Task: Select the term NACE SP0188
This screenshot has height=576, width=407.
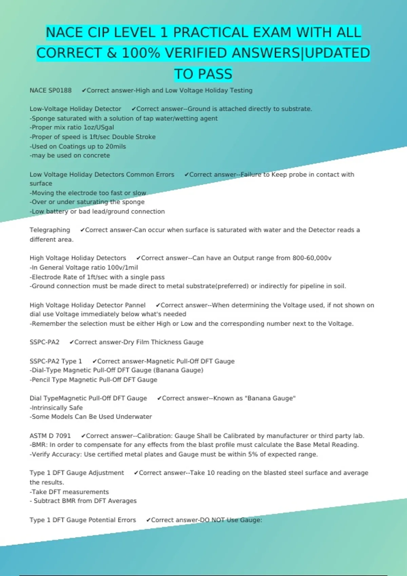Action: tap(51, 90)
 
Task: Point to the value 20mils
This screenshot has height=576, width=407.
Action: tap(116, 146)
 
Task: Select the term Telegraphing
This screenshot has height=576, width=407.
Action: tap(50, 230)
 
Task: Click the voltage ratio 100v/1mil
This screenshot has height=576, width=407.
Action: tap(122, 267)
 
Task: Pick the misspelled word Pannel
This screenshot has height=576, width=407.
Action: tap(135, 305)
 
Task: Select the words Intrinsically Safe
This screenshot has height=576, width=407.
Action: tap(57, 408)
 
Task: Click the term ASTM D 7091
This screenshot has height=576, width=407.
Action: tap(50, 436)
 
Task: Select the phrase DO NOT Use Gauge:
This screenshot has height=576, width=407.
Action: tap(231, 520)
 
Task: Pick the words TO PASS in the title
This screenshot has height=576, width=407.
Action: tap(203, 74)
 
